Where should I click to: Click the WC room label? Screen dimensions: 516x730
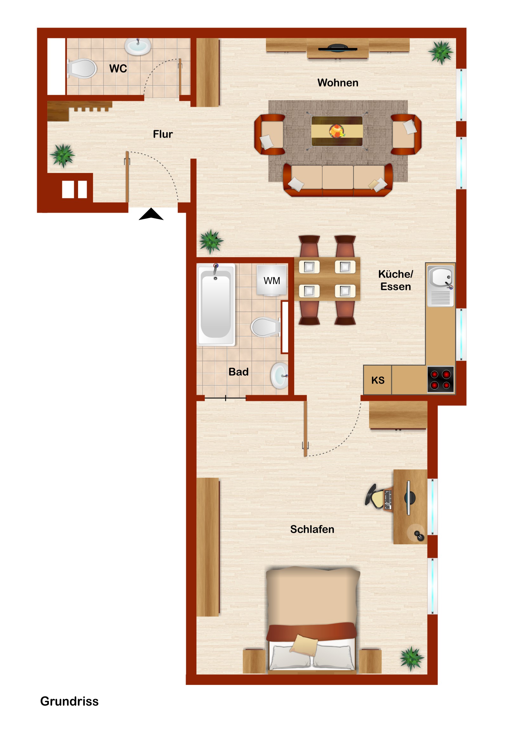(118, 68)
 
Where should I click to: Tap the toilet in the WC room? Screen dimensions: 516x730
(81, 68)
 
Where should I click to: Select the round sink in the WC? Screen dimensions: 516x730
(138, 46)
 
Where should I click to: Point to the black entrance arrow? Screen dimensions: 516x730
(151, 214)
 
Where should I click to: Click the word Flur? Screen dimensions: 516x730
(163, 134)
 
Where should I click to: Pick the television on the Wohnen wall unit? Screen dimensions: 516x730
(338, 48)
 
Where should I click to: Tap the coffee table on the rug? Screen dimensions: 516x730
(337, 131)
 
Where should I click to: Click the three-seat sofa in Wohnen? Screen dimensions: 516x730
(338, 180)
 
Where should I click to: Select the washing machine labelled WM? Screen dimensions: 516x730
(272, 280)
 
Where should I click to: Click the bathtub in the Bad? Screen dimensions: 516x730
(216, 305)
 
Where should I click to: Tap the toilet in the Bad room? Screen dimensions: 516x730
(266, 327)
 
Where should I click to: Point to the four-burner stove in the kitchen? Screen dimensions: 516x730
(440, 380)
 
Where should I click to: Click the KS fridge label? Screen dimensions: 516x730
(378, 380)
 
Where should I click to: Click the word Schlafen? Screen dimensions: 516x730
(312, 529)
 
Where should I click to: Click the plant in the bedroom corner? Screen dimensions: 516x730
(412, 659)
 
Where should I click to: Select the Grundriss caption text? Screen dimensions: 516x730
(69, 701)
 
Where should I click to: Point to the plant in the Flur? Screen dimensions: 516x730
(63, 156)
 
